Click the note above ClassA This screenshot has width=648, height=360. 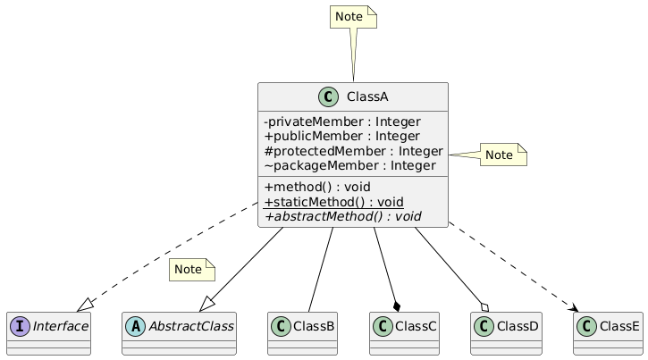pos(353,17)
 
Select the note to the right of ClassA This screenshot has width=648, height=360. pos(503,155)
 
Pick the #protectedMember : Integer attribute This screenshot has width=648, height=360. pos(353,151)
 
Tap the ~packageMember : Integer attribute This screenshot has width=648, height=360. pos(349,165)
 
